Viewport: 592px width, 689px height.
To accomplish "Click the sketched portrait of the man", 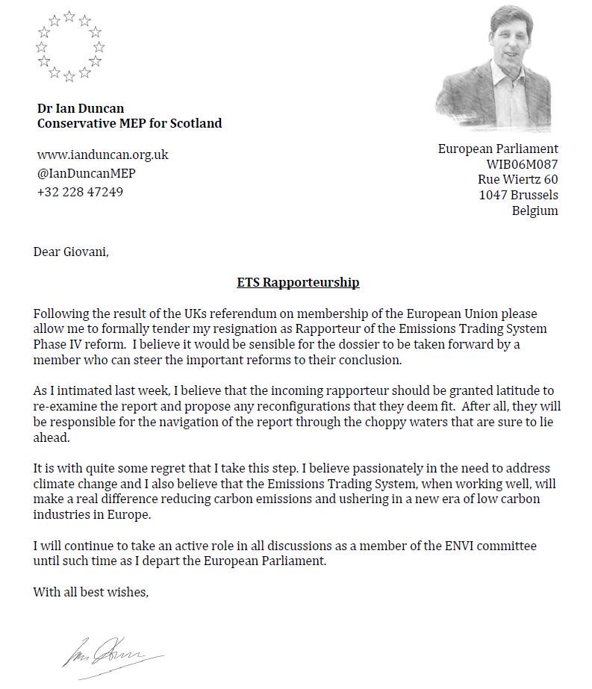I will tap(496, 67).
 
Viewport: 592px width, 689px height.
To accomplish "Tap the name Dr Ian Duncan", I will tap(81, 108).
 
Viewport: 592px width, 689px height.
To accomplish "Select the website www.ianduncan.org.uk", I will tap(103, 155).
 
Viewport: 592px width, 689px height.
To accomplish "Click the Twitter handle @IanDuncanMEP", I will tap(87, 173).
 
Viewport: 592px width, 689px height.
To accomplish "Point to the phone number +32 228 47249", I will tap(81, 192).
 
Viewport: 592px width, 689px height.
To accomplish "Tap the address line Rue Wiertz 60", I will tap(517, 180).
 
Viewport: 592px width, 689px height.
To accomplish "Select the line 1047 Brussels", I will tap(518, 196).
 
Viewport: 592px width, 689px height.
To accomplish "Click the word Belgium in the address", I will tap(535, 211).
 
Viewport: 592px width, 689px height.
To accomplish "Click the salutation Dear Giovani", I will tap(71, 252).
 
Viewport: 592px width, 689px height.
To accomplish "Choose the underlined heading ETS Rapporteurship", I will tap(298, 282).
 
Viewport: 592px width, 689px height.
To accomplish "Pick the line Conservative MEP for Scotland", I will tap(130, 124).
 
